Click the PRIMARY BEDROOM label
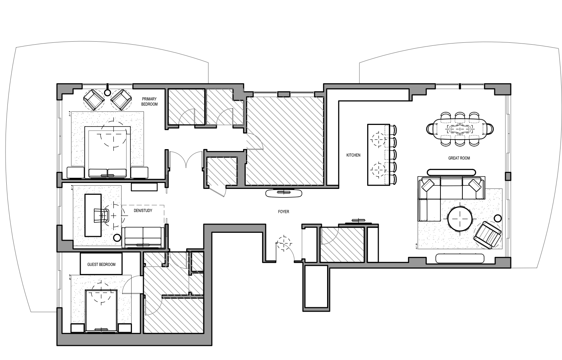click(x=149, y=102)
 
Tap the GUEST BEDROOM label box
click(x=101, y=264)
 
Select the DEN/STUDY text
click(x=143, y=210)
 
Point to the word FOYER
click(x=284, y=212)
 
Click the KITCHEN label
click(x=353, y=155)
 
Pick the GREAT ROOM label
click(x=459, y=158)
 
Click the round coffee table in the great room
click(x=460, y=218)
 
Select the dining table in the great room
click(x=460, y=129)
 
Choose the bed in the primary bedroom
click(x=108, y=152)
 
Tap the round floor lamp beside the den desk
click(x=117, y=238)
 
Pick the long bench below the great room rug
click(x=460, y=258)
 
